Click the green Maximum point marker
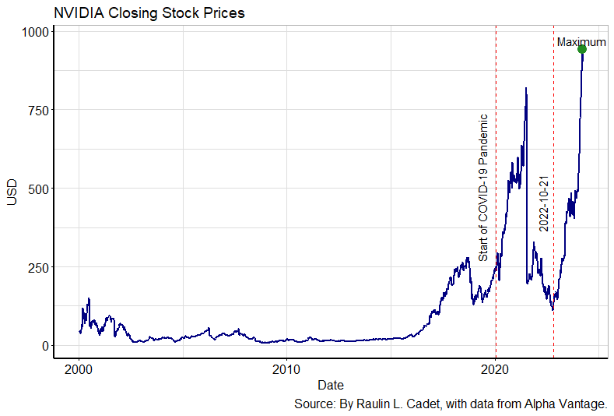[x=582, y=50]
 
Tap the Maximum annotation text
[x=581, y=42]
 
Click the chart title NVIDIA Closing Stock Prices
[x=149, y=13]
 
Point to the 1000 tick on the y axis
[x=36, y=32]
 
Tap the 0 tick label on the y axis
[x=46, y=346]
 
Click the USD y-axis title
[x=12, y=192]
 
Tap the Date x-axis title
[x=331, y=385]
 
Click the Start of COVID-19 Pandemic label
[x=483, y=187]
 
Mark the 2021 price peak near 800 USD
[x=527, y=89]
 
